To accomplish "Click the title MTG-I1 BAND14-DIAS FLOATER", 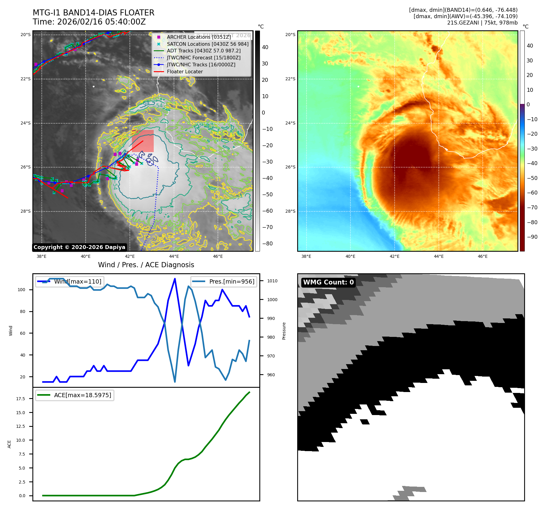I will click(94, 13).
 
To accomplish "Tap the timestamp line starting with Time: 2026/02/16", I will click(89, 22).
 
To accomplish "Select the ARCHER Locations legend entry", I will click(199, 37).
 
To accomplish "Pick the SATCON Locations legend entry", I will click(208, 44).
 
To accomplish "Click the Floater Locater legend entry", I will click(185, 71).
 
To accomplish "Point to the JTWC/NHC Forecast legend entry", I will click(204, 58).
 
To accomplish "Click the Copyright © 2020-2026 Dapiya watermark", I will click(79, 247).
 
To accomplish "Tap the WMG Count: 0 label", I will click(328, 282).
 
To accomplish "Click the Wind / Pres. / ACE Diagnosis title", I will click(146, 265).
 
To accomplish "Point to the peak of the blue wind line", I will click(175, 279).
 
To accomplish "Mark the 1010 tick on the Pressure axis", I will click(272, 281).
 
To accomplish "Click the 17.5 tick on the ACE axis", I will click(21, 399).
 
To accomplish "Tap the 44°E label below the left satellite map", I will click(174, 256).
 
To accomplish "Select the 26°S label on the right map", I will click(290, 167).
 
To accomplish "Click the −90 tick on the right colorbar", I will click(532, 237).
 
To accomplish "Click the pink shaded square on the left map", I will click(143, 141).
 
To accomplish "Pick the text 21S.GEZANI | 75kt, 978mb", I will click(482, 23).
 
